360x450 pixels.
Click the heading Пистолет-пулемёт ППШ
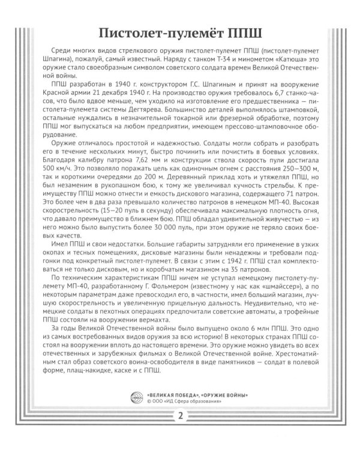point(180,32)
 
